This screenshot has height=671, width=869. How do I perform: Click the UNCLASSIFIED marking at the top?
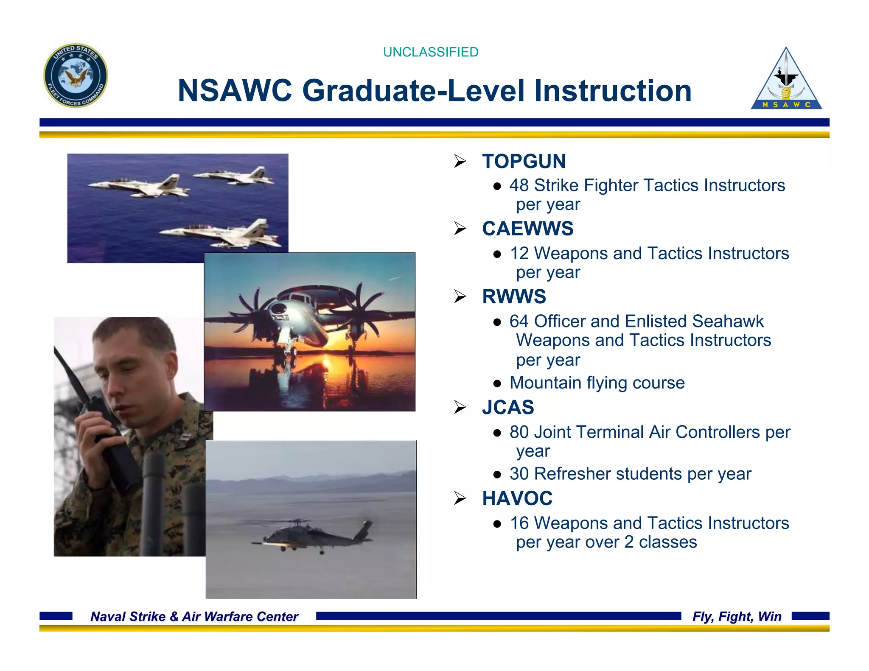(x=430, y=52)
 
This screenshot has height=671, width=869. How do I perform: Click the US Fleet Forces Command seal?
(x=76, y=75)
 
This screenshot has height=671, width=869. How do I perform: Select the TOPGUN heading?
(x=524, y=161)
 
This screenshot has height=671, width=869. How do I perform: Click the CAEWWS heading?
(x=527, y=229)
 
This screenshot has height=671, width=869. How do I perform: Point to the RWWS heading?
(x=514, y=296)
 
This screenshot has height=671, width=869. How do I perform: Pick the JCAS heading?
(x=508, y=407)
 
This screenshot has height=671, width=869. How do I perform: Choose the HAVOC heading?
(x=517, y=498)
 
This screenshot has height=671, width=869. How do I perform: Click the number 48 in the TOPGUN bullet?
(x=519, y=185)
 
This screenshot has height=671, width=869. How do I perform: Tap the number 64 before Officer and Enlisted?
(x=519, y=322)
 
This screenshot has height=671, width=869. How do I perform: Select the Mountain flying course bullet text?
(x=597, y=383)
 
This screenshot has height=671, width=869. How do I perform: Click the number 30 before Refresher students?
(x=519, y=474)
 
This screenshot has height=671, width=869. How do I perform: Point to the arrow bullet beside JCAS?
(x=460, y=407)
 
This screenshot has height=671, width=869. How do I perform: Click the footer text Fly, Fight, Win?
(x=737, y=616)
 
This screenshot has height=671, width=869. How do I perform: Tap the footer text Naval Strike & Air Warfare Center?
(x=194, y=616)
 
